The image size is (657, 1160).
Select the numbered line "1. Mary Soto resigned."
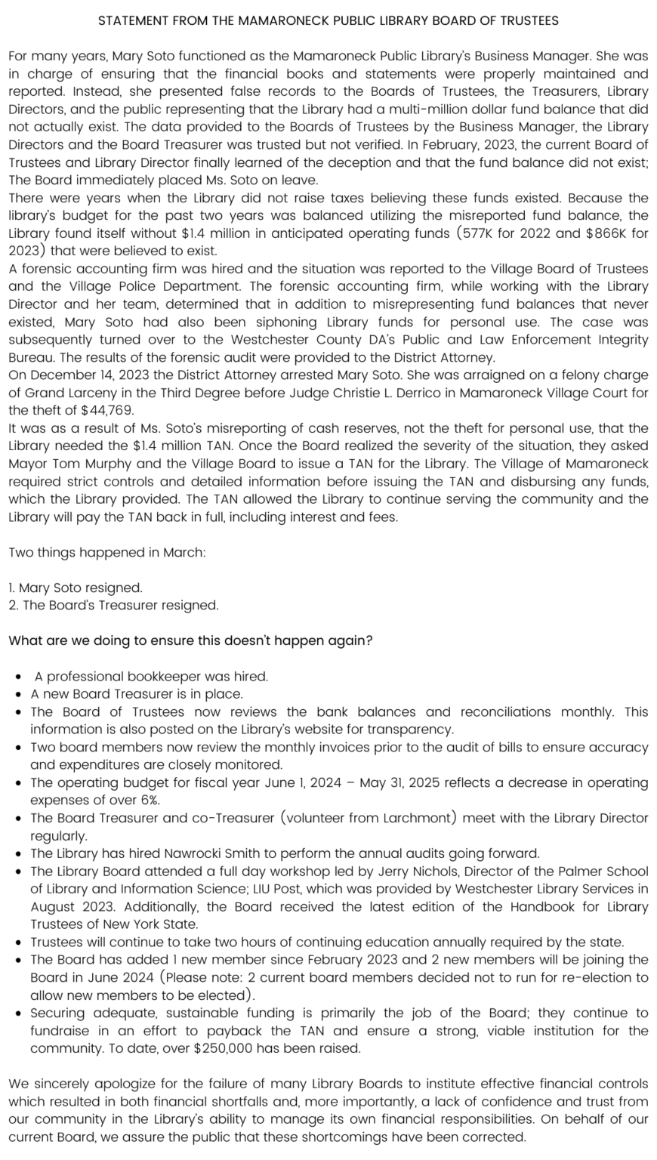(x=76, y=588)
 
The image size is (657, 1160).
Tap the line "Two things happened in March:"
(x=106, y=552)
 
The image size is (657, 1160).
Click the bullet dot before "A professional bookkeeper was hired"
(x=18, y=677)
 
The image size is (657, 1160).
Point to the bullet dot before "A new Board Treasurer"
(x=18, y=694)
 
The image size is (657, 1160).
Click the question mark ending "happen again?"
(x=369, y=641)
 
